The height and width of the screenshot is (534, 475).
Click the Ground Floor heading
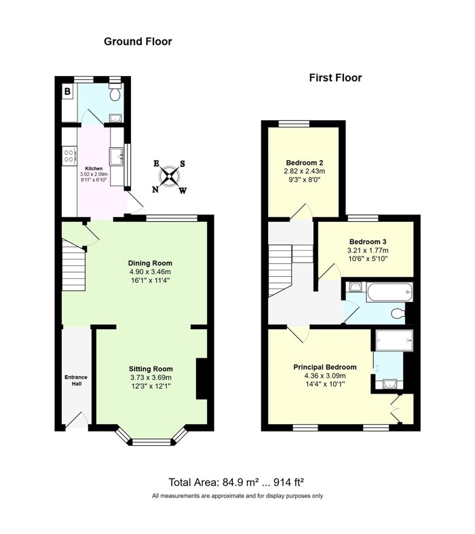[138, 41]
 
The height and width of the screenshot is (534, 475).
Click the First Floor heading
[335, 78]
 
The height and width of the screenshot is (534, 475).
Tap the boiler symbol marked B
[67, 92]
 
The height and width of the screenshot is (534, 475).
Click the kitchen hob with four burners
[69, 156]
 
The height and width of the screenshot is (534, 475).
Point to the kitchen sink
[116, 157]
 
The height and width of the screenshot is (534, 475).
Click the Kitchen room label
[94, 168]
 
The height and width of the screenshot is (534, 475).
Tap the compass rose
[169, 176]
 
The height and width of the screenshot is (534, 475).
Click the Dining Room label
[150, 263]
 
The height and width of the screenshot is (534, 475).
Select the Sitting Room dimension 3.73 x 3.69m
[151, 377]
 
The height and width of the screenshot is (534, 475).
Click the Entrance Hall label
[76, 381]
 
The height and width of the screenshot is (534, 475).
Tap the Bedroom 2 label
[305, 163]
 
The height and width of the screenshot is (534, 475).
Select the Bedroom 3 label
[368, 242]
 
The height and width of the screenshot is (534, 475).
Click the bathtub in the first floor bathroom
[389, 292]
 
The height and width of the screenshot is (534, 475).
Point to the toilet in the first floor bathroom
[398, 313]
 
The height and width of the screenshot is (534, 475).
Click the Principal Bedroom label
[325, 367]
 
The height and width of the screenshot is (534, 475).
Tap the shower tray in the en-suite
[394, 340]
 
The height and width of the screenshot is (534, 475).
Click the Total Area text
[236, 482]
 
